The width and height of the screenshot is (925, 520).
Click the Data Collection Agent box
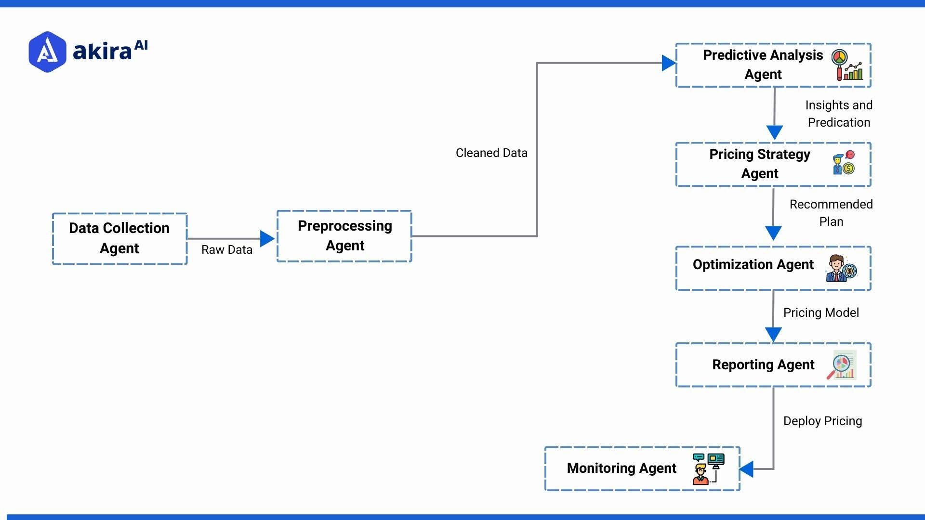[119, 238]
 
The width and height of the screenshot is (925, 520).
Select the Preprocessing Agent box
[344, 236]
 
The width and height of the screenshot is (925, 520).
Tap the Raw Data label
[226, 249]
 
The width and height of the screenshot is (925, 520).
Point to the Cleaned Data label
[491, 153]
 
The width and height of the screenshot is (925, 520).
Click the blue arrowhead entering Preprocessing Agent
[267, 238]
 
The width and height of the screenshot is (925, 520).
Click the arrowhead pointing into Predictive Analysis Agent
[668, 63]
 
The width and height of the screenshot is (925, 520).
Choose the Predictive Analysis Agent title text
[763, 65]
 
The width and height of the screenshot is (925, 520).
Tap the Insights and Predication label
[839, 114]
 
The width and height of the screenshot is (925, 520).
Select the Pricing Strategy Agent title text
[760, 164]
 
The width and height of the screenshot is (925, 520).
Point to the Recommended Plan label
[831, 213]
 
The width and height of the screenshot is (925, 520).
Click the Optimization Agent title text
[753, 264]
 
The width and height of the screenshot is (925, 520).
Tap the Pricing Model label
[821, 312]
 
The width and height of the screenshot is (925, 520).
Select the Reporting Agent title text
[763, 364]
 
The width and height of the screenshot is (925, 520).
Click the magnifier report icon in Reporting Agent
[842, 365]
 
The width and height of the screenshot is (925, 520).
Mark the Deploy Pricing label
[822, 421]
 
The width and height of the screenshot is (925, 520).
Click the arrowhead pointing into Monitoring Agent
[746, 469]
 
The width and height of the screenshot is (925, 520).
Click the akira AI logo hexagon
[47, 52]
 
